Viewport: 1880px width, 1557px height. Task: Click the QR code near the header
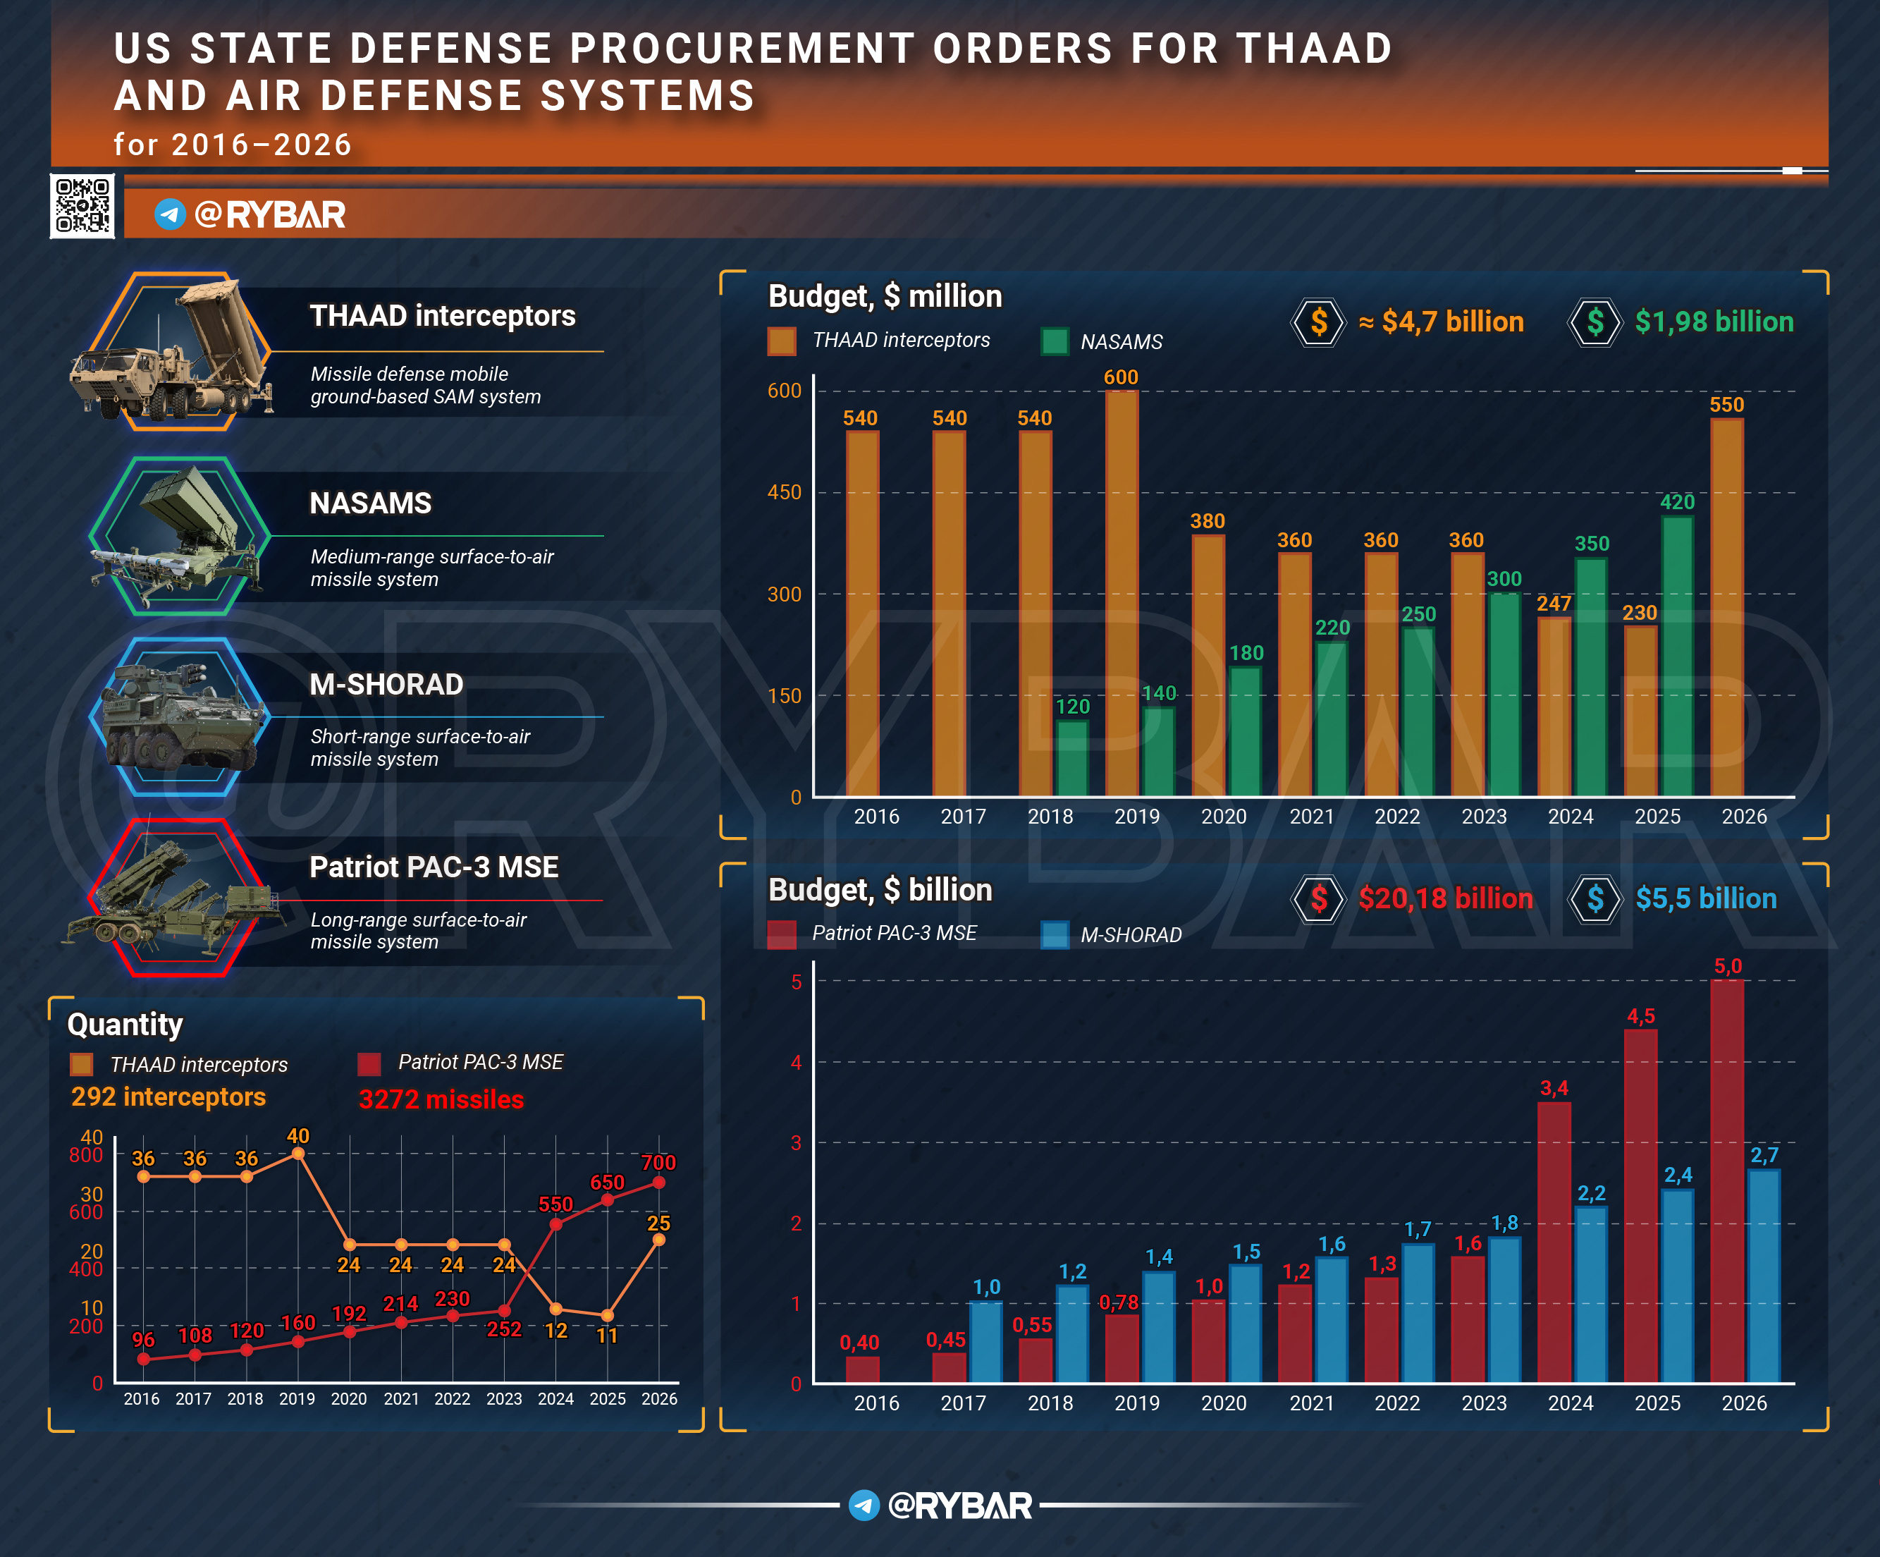tap(82, 206)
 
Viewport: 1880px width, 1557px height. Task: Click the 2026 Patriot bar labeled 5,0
tap(1727, 1181)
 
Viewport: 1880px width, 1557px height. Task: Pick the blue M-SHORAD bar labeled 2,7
tap(1764, 1276)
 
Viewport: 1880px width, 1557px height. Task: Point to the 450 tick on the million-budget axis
tap(785, 492)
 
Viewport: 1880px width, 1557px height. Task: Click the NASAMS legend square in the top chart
tap(1055, 341)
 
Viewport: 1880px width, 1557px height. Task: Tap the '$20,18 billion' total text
tap(1445, 898)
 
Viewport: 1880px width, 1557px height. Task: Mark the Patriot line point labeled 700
tap(659, 1183)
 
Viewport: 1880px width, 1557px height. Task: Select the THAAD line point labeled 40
tap(298, 1153)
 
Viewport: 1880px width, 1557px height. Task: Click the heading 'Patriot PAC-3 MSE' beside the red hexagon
tap(434, 867)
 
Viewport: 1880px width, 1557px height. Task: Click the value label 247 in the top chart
tap(1554, 604)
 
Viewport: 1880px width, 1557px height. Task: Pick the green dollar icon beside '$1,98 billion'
tap(1595, 322)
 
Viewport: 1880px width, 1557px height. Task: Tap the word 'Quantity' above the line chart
tap(125, 1025)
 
